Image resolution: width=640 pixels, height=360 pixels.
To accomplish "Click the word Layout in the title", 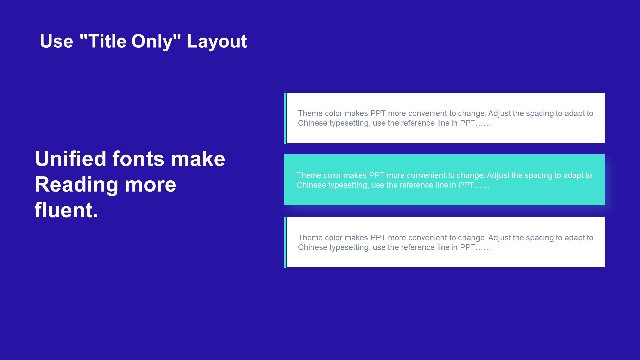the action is point(217,42).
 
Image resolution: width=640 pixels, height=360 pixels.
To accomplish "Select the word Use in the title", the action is point(57,41).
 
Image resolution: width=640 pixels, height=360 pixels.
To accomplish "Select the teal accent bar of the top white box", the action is point(285,118).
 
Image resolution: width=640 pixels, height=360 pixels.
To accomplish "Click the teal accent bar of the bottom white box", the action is point(285,242).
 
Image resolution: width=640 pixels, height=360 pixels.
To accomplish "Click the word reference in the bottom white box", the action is point(418,247).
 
